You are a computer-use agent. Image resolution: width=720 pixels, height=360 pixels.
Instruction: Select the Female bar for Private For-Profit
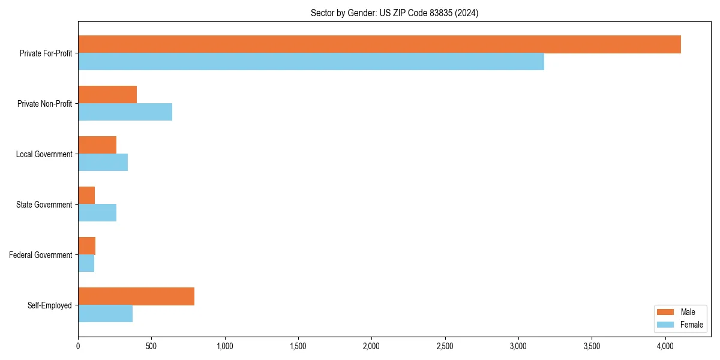point(311,62)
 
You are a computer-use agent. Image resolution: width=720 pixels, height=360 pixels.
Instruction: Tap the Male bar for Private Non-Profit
point(107,95)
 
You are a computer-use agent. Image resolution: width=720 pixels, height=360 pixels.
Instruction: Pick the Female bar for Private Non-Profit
point(125,112)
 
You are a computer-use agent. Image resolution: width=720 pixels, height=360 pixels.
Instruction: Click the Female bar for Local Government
point(103,163)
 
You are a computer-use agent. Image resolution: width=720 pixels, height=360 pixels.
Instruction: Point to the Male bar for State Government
point(86,196)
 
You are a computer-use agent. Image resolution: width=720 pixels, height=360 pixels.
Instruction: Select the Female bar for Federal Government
point(86,263)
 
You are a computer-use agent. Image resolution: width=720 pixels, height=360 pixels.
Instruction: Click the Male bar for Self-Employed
point(136,296)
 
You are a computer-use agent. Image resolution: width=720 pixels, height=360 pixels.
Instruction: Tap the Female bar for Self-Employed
point(105,314)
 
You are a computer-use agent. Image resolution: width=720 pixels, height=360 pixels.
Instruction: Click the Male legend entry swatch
point(666,312)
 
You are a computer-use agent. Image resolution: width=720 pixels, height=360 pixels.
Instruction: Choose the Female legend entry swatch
point(666,325)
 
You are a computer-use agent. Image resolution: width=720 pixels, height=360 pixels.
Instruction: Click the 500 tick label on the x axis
point(151,346)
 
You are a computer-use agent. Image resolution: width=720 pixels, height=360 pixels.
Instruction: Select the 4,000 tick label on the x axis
point(665,346)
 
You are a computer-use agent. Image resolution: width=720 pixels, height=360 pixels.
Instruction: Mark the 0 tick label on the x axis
point(78,346)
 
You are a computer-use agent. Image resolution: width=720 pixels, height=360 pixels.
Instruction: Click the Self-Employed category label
point(50,305)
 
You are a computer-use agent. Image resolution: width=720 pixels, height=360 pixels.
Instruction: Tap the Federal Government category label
point(41,255)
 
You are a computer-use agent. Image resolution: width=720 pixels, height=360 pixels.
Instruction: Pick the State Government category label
point(44,205)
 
